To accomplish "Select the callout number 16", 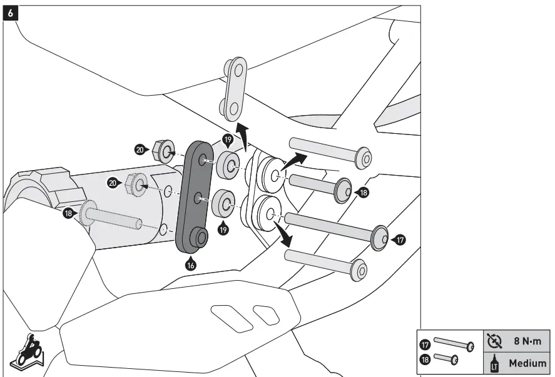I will point(191,264).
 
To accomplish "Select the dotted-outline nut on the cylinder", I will point(136,183).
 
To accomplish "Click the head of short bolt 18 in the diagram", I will point(344,191).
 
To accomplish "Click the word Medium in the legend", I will point(527,363).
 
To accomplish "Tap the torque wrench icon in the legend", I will point(494,341).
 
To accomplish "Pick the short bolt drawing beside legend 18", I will point(446,359).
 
